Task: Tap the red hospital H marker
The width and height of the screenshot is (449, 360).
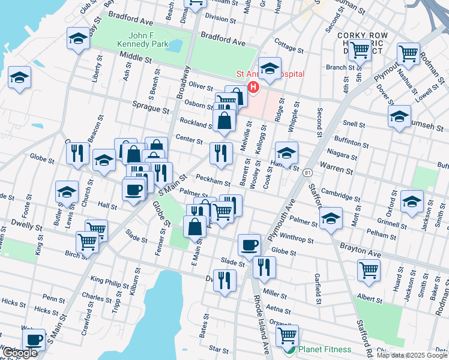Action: click(x=253, y=88)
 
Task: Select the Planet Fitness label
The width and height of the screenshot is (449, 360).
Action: click(x=323, y=349)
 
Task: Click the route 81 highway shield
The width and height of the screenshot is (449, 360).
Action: click(x=307, y=172)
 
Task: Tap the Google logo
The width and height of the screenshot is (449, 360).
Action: click(x=20, y=353)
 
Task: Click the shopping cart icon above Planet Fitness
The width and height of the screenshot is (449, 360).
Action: click(x=288, y=335)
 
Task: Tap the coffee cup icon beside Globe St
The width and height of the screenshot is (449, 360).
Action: click(x=249, y=244)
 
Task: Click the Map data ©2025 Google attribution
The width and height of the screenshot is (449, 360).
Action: click(x=411, y=355)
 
